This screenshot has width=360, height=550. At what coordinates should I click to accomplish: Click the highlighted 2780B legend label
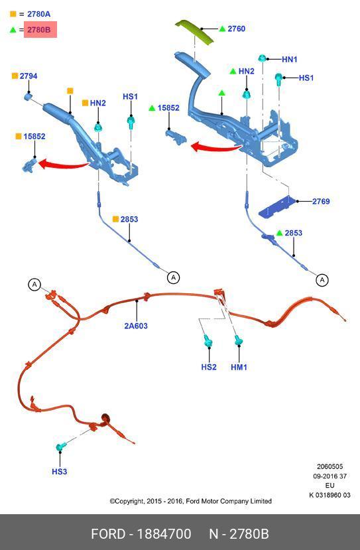click(39, 30)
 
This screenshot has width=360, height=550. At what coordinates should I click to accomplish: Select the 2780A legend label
click(39, 14)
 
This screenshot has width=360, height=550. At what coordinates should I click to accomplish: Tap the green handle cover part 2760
click(194, 32)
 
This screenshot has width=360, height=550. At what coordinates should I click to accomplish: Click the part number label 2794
click(29, 76)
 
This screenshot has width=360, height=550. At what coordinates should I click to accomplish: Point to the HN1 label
click(290, 59)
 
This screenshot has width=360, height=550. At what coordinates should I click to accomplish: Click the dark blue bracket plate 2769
click(277, 207)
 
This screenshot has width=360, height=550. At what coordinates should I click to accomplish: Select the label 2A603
click(136, 326)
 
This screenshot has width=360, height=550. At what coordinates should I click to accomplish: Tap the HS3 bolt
click(60, 447)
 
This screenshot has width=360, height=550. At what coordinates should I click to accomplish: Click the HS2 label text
click(209, 367)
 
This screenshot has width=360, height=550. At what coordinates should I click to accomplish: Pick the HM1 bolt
click(239, 340)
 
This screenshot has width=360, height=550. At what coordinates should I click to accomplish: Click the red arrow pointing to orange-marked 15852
click(63, 164)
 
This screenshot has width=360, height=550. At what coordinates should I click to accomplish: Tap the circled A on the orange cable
click(34, 284)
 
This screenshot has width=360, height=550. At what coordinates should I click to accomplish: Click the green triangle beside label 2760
click(222, 29)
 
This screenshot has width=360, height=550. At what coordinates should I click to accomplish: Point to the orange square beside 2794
click(15, 76)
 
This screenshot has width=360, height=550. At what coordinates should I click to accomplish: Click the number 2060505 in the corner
click(330, 466)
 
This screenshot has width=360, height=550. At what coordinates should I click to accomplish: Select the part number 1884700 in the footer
click(164, 534)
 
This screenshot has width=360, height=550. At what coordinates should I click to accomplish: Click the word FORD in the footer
click(108, 534)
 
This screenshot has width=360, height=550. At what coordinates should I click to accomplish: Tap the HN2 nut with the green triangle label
click(247, 94)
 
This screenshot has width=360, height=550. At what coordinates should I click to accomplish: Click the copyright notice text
click(191, 501)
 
